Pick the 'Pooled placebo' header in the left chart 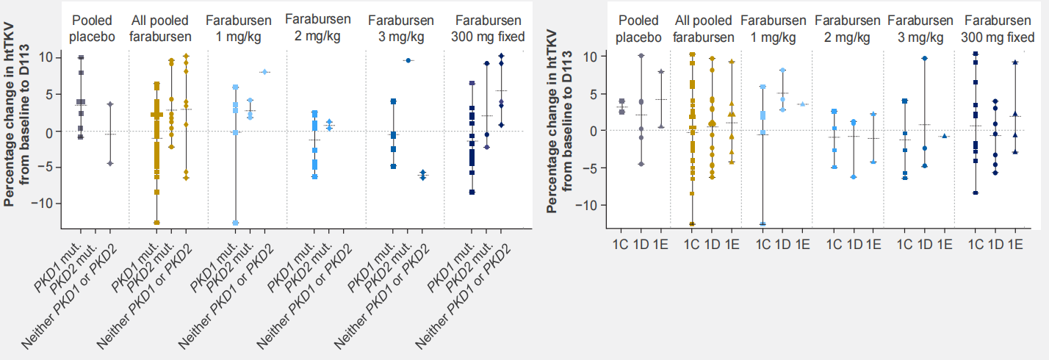pyautogui.click(x=93, y=29)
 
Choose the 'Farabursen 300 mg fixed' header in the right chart pyautogui.click(x=998, y=29)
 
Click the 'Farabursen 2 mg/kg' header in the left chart pyautogui.click(x=318, y=28)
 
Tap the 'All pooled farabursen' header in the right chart pyautogui.click(x=704, y=29)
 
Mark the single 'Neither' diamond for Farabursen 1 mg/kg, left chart pyautogui.click(x=264, y=72)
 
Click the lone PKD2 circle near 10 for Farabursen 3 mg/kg pyautogui.click(x=408, y=60)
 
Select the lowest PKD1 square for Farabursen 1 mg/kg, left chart pyautogui.click(x=236, y=223)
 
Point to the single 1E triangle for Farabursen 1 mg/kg pyautogui.click(x=802, y=104)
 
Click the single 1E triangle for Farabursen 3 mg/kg pyautogui.click(x=945, y=136)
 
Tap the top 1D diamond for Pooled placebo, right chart pyautogui.click(x=641, y=56)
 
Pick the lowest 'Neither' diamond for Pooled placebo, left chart pyautogui.click(x=110, y=163)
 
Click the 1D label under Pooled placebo pyautogui.click(x=641, y=244)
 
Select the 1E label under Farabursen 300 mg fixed pyautogui.click(x=1014, y=244)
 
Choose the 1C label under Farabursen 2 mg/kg pyautogui.click(x=834, y=244)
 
